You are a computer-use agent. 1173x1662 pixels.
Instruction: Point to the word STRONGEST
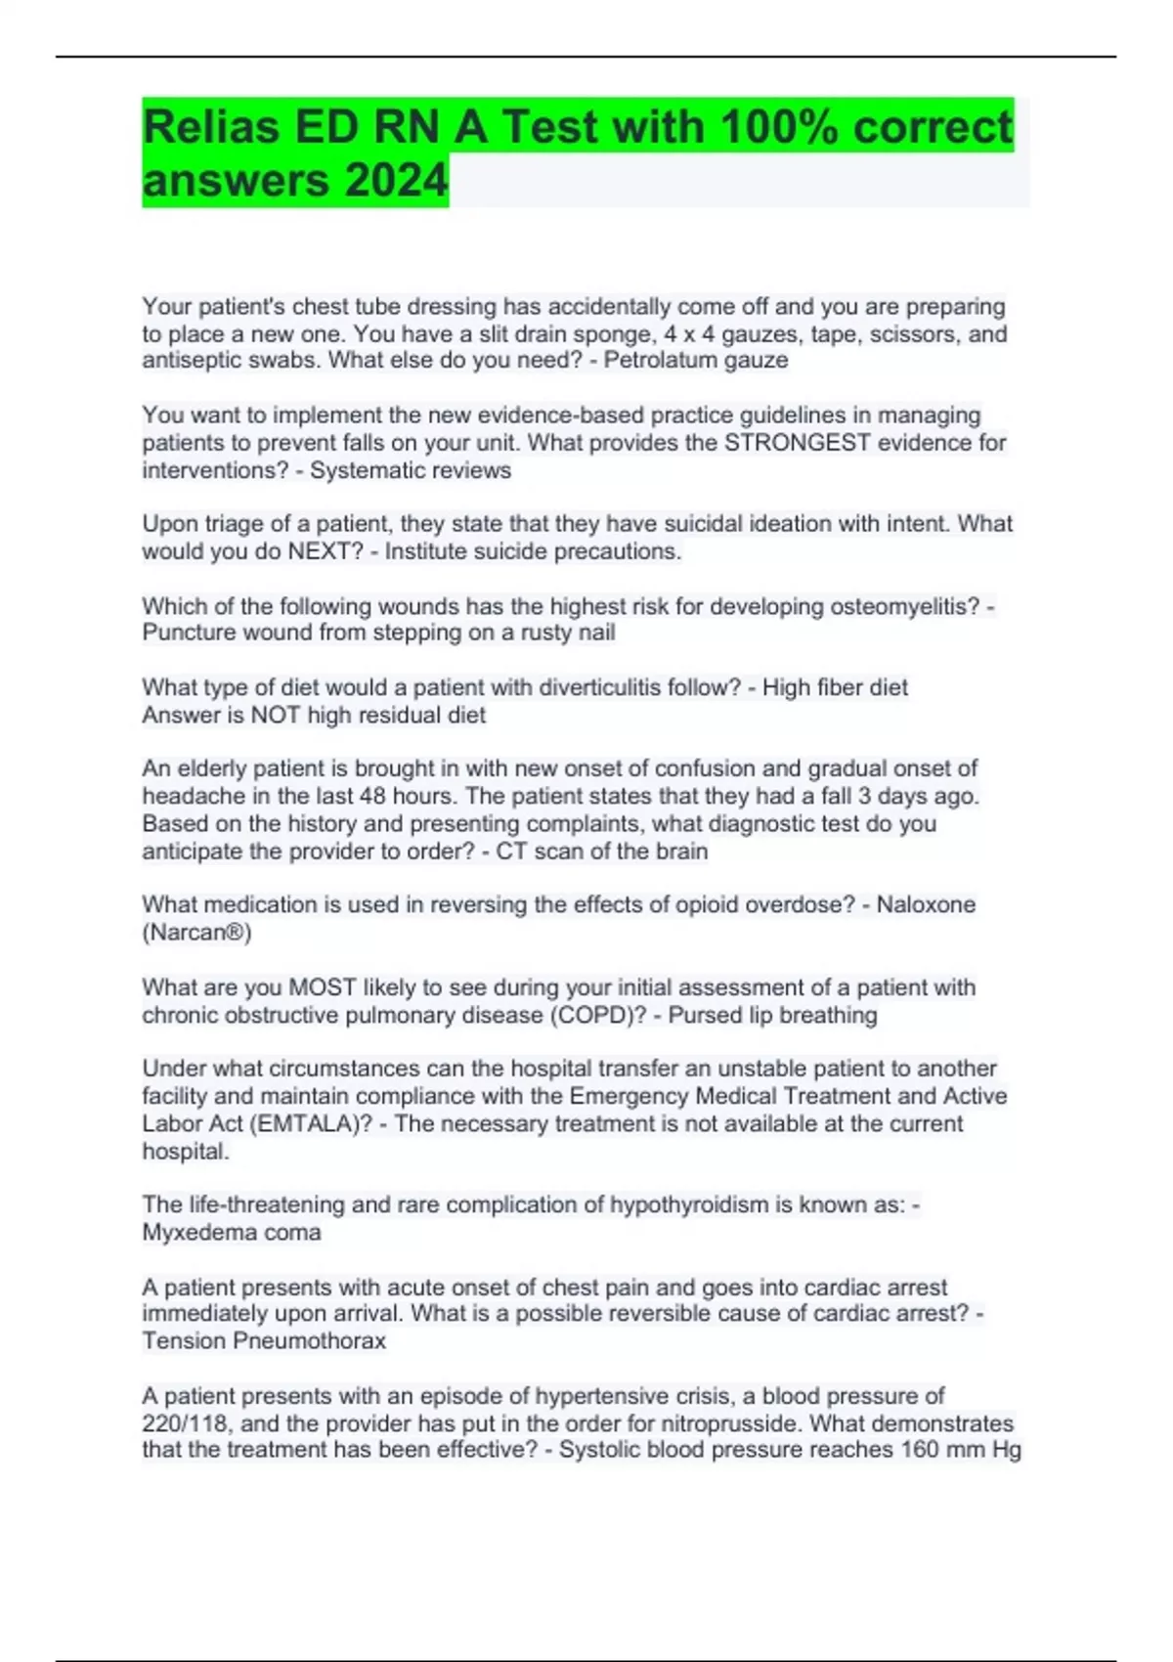(797, 443)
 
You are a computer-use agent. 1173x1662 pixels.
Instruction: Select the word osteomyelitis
(904, 606)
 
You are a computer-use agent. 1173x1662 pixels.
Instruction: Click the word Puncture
(186, 633)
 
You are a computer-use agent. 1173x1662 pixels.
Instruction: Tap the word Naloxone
(926, 904)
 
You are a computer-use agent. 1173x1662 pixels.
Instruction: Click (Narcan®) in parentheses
(196, 933)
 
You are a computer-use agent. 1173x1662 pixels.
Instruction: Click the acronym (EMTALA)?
(312, 1123)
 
